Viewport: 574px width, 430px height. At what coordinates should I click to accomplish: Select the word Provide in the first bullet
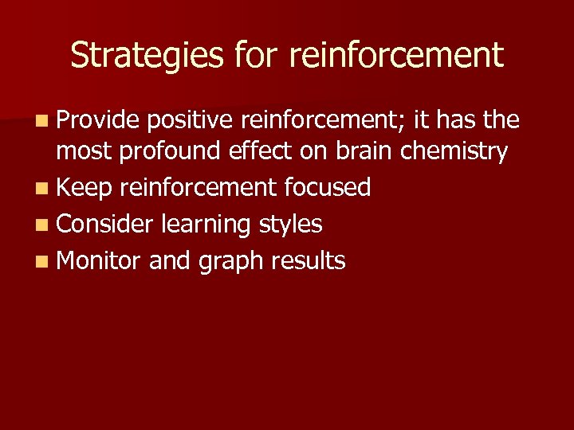point(99,120)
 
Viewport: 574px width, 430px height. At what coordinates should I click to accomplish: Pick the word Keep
point(85,188)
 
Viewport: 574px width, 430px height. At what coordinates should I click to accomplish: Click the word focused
point(328,187)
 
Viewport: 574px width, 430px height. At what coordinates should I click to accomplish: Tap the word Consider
point(104,224)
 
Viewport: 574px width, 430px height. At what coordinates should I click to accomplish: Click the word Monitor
point(100,260)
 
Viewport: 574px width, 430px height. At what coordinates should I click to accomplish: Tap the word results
point(309,260)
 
